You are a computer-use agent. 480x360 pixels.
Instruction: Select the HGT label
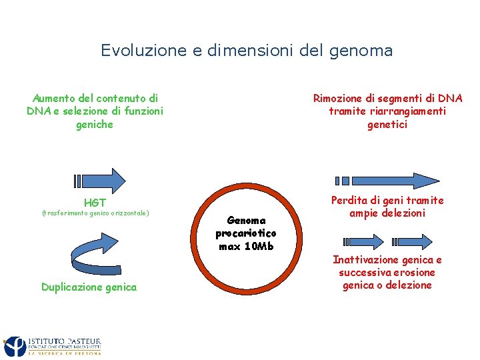tap(95, 202)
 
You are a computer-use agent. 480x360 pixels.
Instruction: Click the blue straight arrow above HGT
tap(100, 181)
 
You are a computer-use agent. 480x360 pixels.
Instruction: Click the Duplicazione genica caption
tap(89, 287)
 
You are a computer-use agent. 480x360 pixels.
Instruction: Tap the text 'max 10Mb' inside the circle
tap(246, 246)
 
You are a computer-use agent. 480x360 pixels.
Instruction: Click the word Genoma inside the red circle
tap(246, 220)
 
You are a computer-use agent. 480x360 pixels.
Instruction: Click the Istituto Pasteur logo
tap(53, 346)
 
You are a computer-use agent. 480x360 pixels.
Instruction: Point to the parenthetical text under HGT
tap(95, 213)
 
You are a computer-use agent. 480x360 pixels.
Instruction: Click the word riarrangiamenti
tap(407, 111)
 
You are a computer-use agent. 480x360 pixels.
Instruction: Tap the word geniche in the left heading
tap(95, 125)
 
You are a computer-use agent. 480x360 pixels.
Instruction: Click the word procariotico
tap(246, 233)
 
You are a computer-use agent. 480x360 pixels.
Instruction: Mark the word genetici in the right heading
tap(387, 125)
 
